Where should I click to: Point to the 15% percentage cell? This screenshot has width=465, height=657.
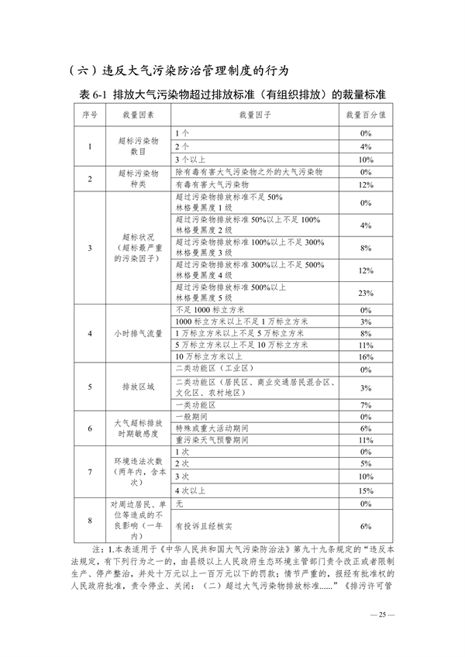coord(367,490)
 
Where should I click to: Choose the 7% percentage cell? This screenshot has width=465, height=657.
coord(367,405)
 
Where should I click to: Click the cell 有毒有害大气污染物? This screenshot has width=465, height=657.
coord(212,185)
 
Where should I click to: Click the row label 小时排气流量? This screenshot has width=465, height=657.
coord(138,333)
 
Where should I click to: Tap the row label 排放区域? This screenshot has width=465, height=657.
coord(138,387)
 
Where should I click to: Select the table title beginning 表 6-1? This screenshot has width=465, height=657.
coord(232,94)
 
